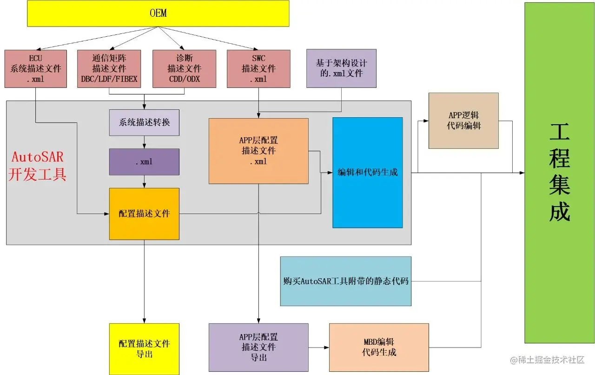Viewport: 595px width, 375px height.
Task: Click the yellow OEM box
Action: tap(158, 13)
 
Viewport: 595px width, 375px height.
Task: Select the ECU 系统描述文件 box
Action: tap(36, 68)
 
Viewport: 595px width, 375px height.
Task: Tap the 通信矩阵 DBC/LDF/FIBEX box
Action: tap(109, 68)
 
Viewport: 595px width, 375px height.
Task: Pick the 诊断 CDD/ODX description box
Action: tap(184, 68)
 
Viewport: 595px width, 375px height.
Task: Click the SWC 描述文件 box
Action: tap(258, 68)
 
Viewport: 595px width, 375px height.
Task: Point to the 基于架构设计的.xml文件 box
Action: tap(341, 68)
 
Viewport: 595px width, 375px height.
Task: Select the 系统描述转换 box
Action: tap(144, 123)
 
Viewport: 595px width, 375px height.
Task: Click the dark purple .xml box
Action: tap(144, 162)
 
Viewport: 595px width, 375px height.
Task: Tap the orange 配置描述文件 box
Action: tap(144, 214)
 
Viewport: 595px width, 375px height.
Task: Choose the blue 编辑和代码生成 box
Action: tap(367, 173)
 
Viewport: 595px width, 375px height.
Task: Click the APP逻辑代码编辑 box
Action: tap(463, 121)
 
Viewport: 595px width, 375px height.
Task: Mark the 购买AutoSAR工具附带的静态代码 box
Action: tap(346, 281)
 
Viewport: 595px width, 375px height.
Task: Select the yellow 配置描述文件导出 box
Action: tap(144, 349)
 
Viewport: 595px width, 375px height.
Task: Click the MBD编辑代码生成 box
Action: tap(379, 347)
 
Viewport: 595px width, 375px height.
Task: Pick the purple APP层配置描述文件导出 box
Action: tap(258, 347)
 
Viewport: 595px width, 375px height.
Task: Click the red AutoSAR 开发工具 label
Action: tap(38, 165)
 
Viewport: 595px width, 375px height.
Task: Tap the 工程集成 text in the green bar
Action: tap(559, 173)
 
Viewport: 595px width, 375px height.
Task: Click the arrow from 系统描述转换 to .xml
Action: tap(144, 142)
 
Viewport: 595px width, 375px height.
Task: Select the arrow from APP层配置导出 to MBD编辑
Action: tap(318, 347)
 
